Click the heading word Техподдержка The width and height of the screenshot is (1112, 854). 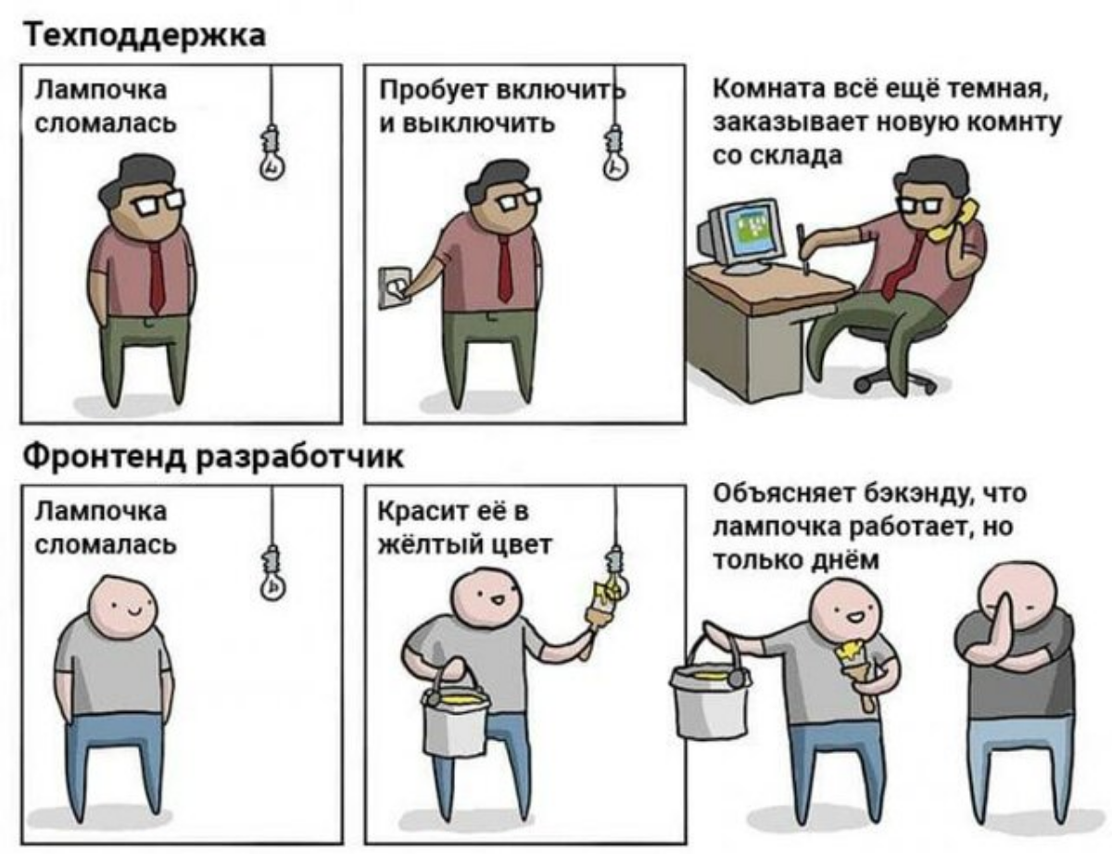pyautogui.click(x=144, y=36)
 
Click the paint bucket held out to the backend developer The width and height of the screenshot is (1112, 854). pyautogui.click(x=710, y=695)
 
